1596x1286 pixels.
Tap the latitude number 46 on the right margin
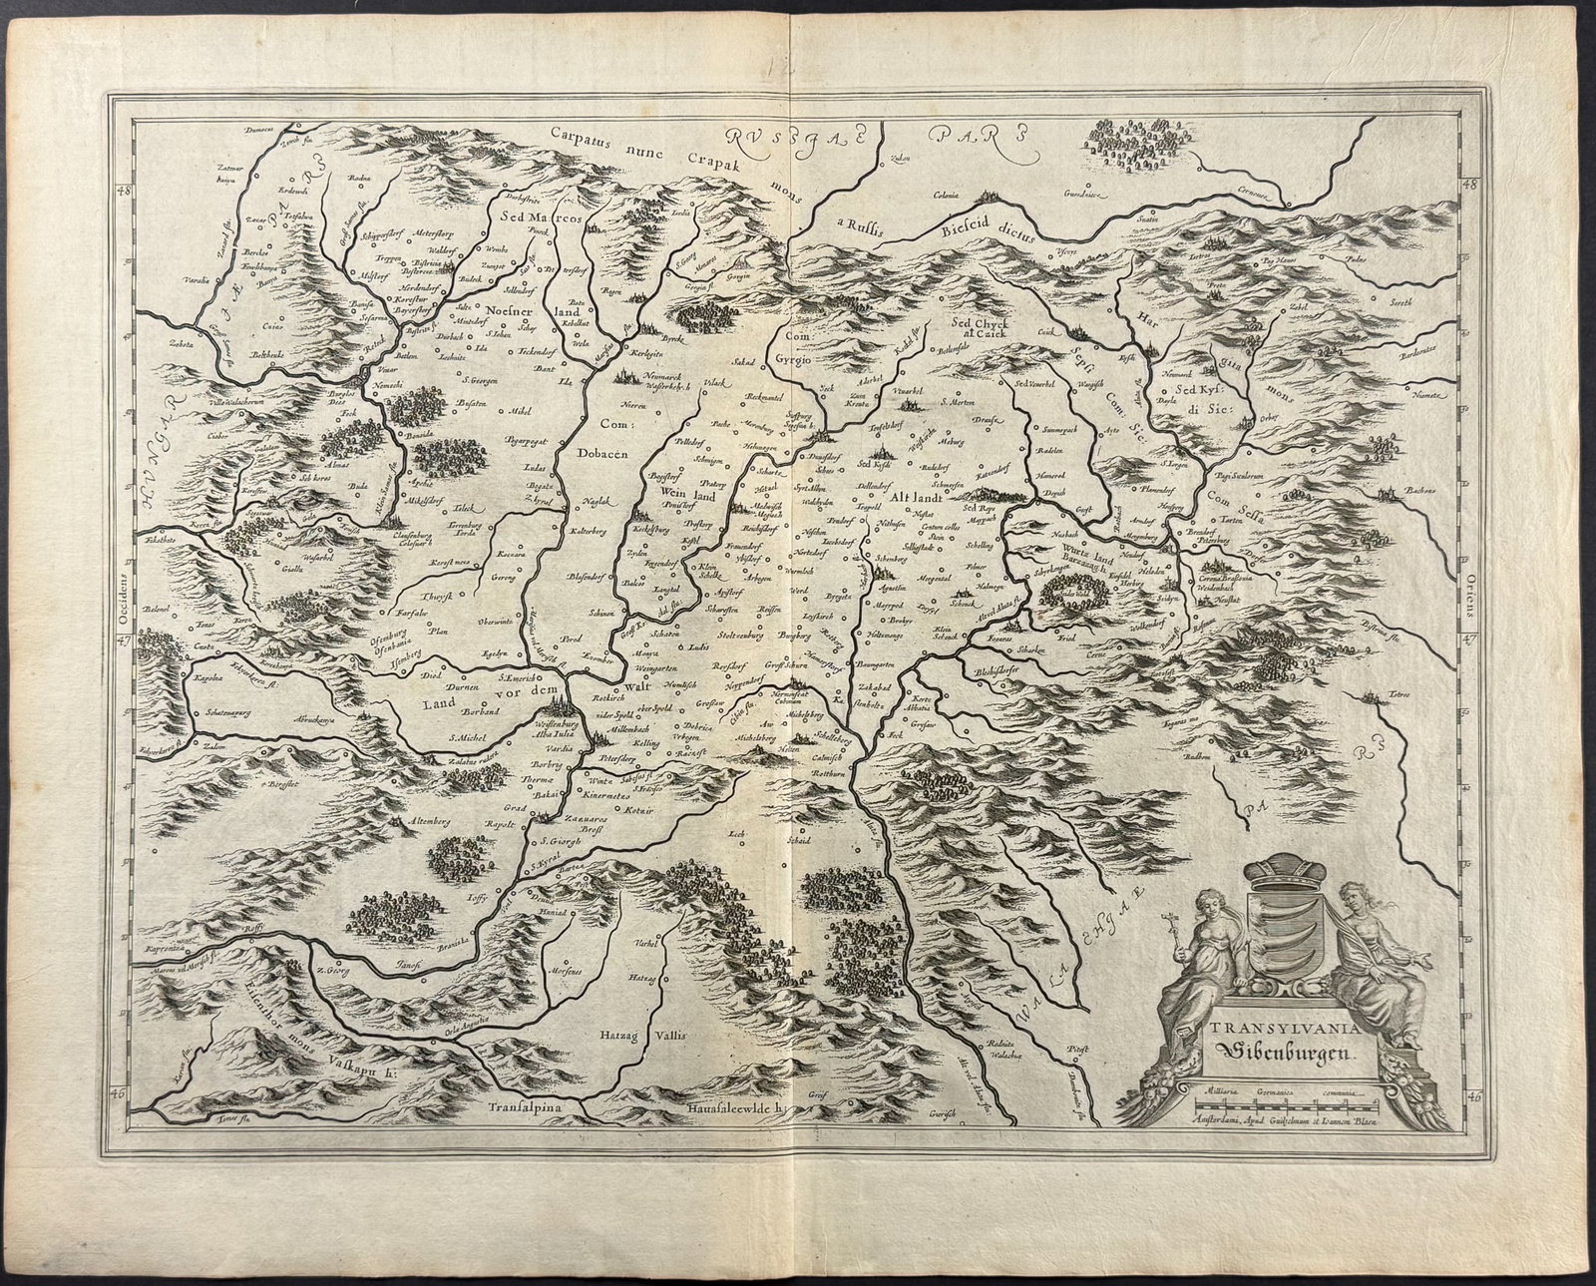(1473, 1095)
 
